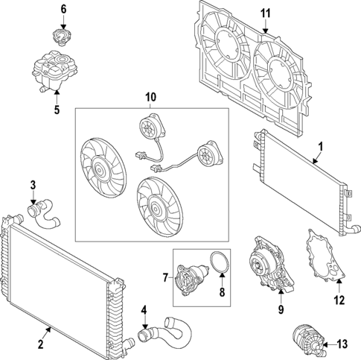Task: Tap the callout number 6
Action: (63, 9)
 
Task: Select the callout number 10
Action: (152, 97)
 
